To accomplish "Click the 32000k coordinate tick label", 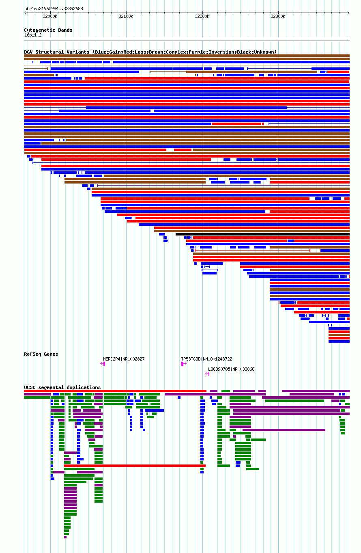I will point(50,17).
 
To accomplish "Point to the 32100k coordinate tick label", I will point(126,17).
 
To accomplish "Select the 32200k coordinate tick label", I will point(202,17).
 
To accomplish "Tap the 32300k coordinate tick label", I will point(278,17).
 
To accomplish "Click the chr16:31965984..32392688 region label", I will point(54,9).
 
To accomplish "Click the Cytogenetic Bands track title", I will point(48,30).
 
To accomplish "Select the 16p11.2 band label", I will point(33,35).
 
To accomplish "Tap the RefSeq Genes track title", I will point(41,354).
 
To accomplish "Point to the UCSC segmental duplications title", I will point(62,387).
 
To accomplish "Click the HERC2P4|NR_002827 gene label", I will point(124,359).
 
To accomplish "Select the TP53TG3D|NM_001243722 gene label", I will point(206,359).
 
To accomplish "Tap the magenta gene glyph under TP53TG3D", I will point(183,364).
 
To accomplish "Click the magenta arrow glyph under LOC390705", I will point(207,374).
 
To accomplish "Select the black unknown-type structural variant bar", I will point(262,234).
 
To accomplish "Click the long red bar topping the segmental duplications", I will point(115,391).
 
